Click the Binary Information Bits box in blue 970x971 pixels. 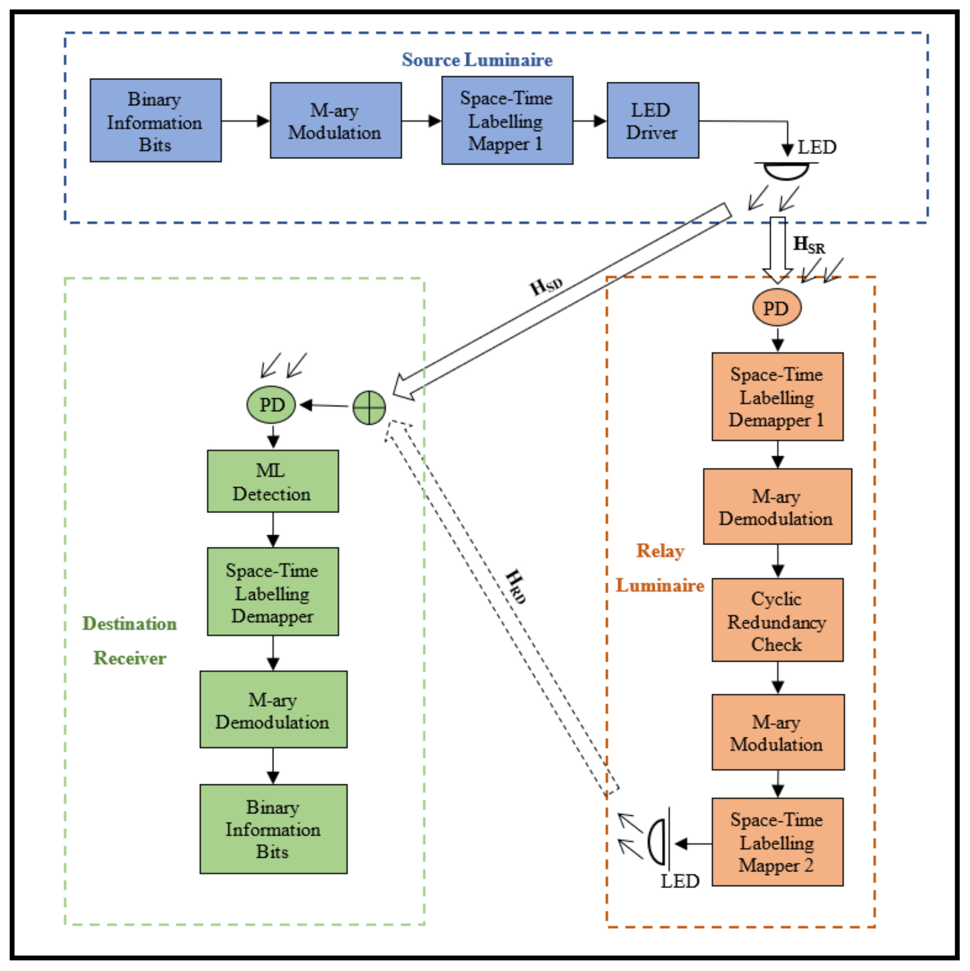pos(155,120)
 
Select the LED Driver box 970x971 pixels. pos(653,120)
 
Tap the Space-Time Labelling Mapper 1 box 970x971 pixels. pos(507,120)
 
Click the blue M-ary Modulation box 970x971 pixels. pos(335,120)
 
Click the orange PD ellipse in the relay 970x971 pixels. pos(776,307)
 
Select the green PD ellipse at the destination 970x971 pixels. pos(271,405)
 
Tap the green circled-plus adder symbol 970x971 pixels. pos(369,408)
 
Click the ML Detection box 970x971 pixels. pos(273,481)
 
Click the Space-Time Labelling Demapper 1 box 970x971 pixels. pos(777,396)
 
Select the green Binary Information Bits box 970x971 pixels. pos(273,829)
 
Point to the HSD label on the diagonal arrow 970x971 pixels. pos(546,287)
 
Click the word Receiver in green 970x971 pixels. pos(130,658)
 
